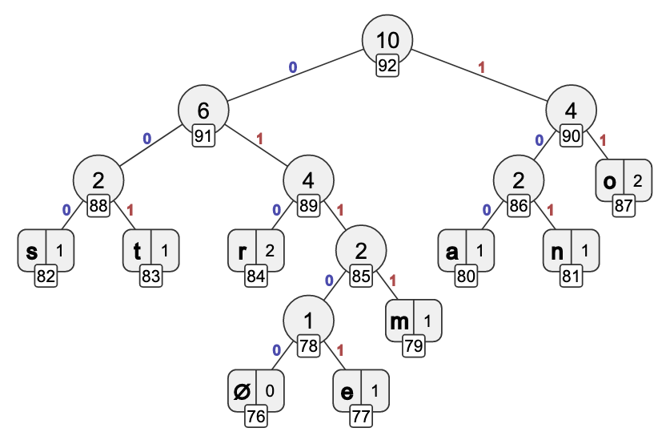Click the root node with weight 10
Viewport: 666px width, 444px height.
387,40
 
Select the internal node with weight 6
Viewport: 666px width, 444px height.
203,111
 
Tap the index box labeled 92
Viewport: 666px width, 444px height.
387,66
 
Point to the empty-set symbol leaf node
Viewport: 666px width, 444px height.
255,392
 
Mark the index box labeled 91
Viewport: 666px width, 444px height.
203,135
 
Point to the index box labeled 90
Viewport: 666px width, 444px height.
571,135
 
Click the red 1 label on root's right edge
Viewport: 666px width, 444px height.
481,68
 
